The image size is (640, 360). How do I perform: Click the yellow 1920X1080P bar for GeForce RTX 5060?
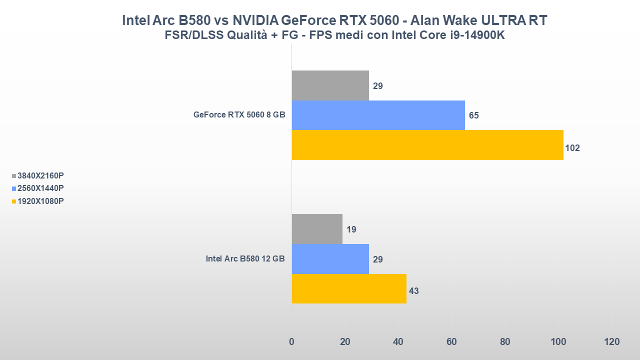pyautogui.click(x=427, y=145)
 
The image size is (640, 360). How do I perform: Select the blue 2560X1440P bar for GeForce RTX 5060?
pyautogui.click(x=378, y=115)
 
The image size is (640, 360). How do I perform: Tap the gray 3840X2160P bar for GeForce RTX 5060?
pyautogui.click(x=330, y=85)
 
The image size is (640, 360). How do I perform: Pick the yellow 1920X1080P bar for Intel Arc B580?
pyautogui.click(x=349, y=288)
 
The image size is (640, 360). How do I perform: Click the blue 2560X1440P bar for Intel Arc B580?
pyautogui.click(x=330, y=259)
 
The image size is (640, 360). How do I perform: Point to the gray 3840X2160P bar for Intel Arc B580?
pyautogui.click(x=317, y=229)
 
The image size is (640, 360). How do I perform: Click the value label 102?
pyautogui.click(x=572, y=148)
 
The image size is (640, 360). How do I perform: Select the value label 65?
pyautogui.click(x=473, y=115)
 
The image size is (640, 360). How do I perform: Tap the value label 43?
pyautogui.click(x=413, y=291)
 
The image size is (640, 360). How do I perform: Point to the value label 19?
pyautogui.click(x=351, y=229)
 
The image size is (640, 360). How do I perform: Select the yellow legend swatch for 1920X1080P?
pyautogui.click(x=14, y=201)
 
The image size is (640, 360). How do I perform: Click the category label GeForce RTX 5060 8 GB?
pyautogui.click(x=239, y=114)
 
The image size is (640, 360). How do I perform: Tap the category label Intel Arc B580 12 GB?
pyautogui.click(x=245, y=258)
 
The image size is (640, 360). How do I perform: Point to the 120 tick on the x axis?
pyautogui.click(x=611, y=342)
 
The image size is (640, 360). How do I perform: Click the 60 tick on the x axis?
pyautogui.click(x=451, y=342)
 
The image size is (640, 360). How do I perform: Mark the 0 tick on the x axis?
pyautogui.click(x=291, y=342)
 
